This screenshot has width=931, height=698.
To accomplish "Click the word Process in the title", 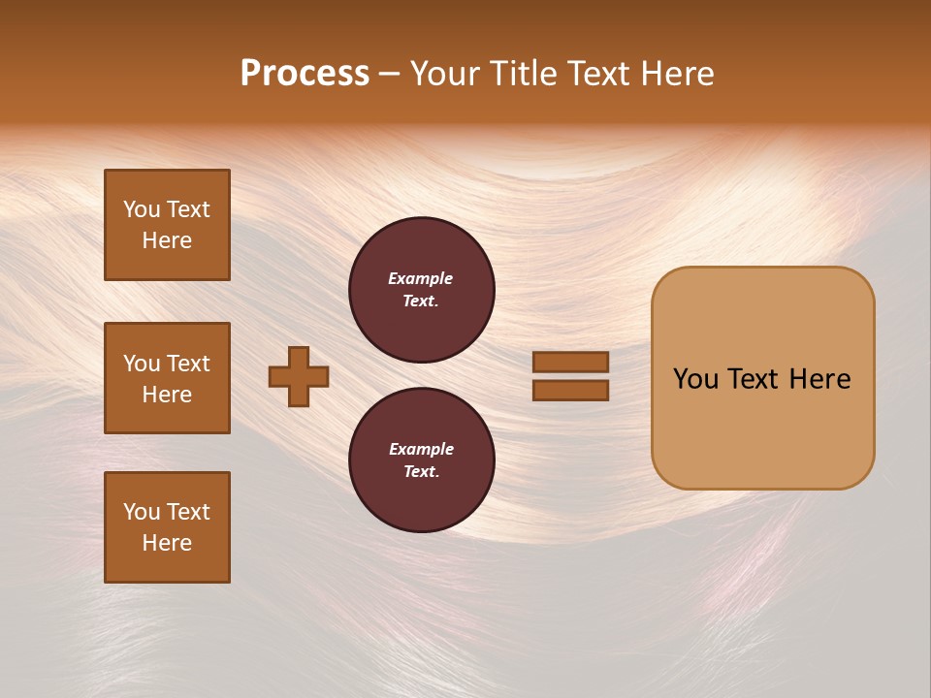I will tap(305, 74).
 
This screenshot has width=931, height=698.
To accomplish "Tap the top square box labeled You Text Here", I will tap(167, 225).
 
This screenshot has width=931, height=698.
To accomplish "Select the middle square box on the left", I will tap(167, 378).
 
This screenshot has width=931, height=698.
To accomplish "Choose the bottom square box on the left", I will tap(167, 527).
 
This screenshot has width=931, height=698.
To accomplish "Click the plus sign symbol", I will tap(299, 376).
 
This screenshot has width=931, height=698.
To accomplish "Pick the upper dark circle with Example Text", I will tap(422, 290).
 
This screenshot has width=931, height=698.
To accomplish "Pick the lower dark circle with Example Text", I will tap(422, 460).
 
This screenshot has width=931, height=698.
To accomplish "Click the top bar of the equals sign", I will tap(570, 362).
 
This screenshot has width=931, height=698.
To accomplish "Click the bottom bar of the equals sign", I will tap(570, 390).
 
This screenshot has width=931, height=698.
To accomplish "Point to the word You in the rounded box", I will tap(695, 379).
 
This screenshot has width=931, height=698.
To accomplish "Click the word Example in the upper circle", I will tap(421, 278).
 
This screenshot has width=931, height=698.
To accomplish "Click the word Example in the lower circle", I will tap(421, 449).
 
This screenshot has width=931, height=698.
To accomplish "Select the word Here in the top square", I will tap(167, 240).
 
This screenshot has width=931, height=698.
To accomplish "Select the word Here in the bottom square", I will tap(167, 543).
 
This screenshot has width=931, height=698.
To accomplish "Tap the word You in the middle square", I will tap(141, 364).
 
